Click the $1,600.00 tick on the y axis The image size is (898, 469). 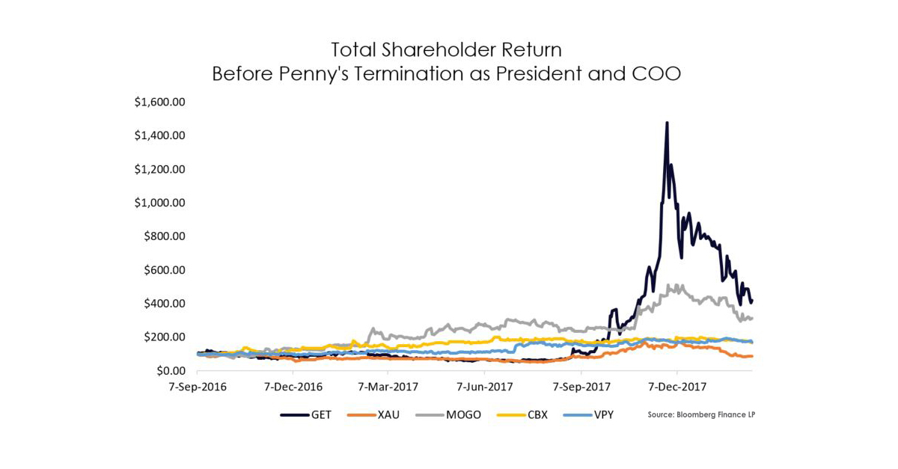coord(159,102)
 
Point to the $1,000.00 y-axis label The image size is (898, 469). coord(159,203)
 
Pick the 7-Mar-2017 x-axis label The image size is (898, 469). coord(388,387)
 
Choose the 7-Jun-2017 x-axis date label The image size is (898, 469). coord(484,387)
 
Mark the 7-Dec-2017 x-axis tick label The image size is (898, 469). coord(676,387)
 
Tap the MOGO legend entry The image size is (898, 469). coord(459,414)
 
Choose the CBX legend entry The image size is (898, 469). coord(536,414)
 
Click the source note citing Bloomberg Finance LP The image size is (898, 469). coord(701,414)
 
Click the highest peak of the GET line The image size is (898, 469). coord(667,123)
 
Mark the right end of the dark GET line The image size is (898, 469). coord(751,301)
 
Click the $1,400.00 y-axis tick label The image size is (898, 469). coord(159,135)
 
